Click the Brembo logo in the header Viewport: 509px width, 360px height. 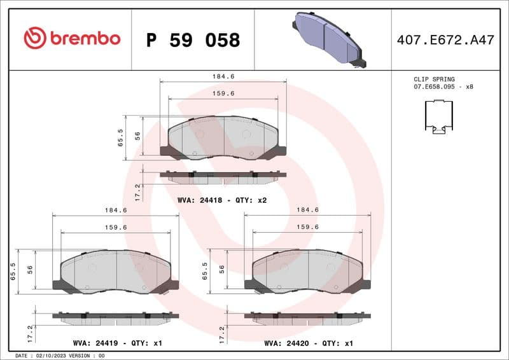pos(71,38)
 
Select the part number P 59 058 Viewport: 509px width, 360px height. pos(193,40)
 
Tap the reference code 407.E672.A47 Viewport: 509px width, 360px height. pos(445,40)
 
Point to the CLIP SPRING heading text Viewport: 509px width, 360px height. pos(434,80)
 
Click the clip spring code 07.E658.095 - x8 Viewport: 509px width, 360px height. pos(443,87)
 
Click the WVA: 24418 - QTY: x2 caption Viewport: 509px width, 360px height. pos(222,200)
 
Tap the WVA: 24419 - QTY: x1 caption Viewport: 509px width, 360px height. pos(117,343)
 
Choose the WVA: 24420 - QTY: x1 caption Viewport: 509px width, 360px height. pos(309,343)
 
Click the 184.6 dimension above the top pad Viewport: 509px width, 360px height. pos(223,76)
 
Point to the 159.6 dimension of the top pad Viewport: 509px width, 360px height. pos(223,93)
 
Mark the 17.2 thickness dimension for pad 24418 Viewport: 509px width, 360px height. pos(137,190)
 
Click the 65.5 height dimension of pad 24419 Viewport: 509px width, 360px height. pos(13,270)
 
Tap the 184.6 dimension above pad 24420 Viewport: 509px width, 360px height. pos(308,210)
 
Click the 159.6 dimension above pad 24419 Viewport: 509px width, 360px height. pos(116,227)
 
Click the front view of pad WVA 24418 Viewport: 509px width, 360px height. pos(223,138)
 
